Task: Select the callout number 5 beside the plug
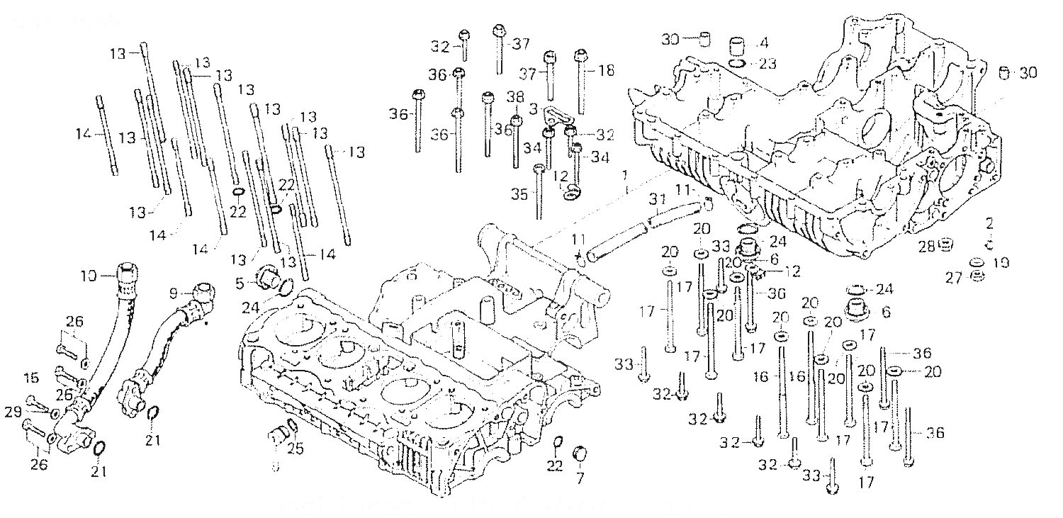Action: coord(241,283)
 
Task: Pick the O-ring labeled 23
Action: coord(738,64)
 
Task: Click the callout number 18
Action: coord(606,71)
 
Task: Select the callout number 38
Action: coord(515,96)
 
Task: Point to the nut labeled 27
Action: coord(976,275)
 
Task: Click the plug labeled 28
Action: coord(945,247)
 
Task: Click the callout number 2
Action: coord(989,224)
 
